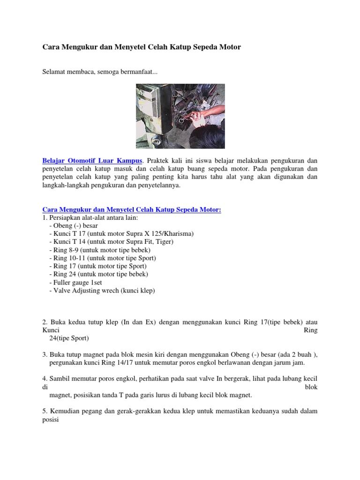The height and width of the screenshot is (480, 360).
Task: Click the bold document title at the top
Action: [142, 47]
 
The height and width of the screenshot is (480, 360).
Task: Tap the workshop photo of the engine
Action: [180, 116]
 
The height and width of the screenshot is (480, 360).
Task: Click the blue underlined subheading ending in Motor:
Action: [132, 210]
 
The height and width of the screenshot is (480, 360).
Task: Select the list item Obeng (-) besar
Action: [73, 225]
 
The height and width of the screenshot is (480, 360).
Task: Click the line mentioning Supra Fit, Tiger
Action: [111, 241]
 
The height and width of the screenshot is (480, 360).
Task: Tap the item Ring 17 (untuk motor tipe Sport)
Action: [97, 266]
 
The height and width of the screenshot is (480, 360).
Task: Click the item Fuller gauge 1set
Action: [75, 282]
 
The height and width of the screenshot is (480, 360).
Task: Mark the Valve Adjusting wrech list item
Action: [102, 290]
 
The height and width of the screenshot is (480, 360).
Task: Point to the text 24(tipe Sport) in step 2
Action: [69, 338]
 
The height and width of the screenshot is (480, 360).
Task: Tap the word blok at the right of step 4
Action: [311, 387]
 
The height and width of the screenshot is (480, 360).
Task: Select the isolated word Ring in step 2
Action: [311, 330]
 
